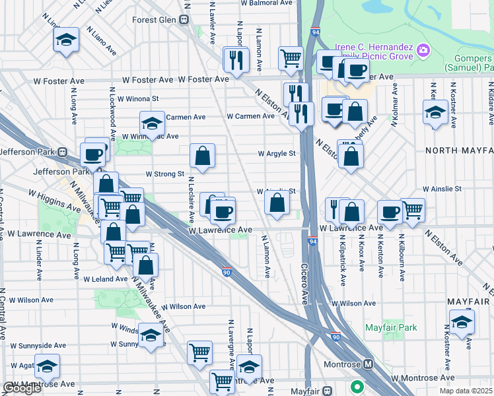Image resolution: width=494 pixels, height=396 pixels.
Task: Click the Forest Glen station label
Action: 153,20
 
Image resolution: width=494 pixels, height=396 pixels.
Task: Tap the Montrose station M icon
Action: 369,364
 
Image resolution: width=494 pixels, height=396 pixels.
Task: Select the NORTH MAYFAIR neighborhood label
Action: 459,150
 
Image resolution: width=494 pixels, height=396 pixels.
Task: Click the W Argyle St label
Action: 276,154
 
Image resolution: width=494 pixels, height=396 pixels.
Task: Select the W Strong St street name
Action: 164,174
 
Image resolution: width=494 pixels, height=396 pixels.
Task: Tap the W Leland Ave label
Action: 104,280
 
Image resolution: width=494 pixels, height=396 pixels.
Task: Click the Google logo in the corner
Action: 22,388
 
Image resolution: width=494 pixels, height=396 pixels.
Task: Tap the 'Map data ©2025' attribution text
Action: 466,391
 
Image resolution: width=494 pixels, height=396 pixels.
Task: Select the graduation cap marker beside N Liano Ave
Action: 66,40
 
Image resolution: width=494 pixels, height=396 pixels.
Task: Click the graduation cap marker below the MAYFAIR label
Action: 462,321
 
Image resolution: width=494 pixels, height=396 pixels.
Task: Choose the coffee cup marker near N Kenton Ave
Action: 390,212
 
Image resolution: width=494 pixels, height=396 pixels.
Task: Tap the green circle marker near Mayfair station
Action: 357,387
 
